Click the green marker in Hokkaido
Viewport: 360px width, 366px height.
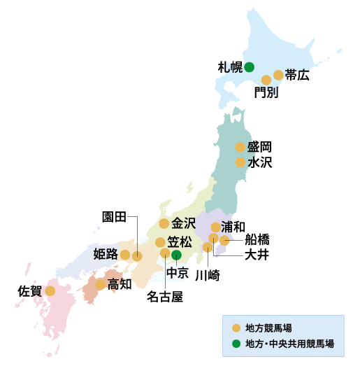click(249, 67)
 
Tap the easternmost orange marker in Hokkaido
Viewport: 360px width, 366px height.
click(278, 75)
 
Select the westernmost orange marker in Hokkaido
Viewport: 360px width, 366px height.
click(266, 80)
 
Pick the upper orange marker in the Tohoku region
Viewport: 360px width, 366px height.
click(240, 147)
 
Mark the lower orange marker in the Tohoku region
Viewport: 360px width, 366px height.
click(240, 162)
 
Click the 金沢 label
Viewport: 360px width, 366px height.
click(184, 224)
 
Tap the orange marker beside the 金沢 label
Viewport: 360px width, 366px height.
click(164, 224)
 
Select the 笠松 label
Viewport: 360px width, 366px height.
click(179, 242)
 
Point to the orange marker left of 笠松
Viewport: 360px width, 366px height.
click(160, 243)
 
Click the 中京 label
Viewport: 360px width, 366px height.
click(176, 273)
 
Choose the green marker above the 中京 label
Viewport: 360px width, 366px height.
click(176, 255)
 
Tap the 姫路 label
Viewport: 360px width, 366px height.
click(106, 254)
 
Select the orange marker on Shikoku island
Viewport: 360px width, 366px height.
click(100, 285)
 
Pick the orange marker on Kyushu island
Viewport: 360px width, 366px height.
click(50, 290)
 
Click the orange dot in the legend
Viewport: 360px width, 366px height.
click(236, 328)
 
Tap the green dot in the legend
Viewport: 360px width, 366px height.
click(236, 344)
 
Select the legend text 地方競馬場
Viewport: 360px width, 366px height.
click(268, 328)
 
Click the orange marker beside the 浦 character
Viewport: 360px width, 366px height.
click(215, 227)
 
